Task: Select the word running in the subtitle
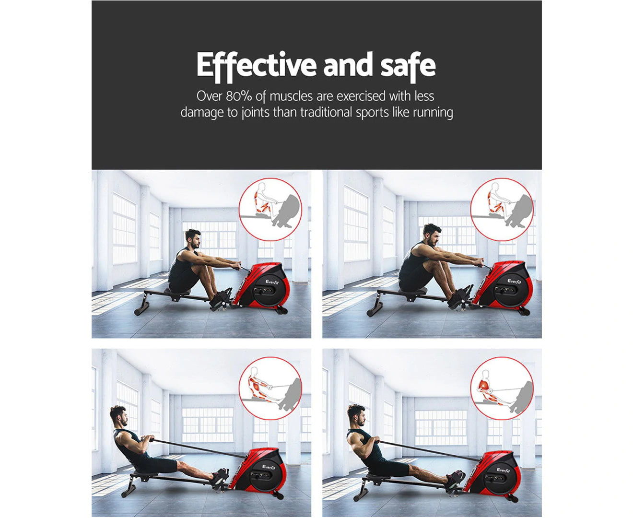(x=433, y=113)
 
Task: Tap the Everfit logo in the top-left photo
(x=271, y=282)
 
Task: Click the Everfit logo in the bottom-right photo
(x=503, y=470)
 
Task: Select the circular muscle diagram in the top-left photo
(x=270, y=210)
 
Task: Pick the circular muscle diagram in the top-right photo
(x=502, y=210)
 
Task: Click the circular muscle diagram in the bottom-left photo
(x=270, y=388)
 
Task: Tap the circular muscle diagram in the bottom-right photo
(x=502, y=388)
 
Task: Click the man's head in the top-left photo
(x=192, y=239)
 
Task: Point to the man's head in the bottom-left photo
(x=118, y=416)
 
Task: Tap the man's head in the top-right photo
(x=432, y=235)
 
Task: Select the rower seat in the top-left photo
(x=177, y=292)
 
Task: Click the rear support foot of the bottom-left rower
(x=129, y=490)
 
